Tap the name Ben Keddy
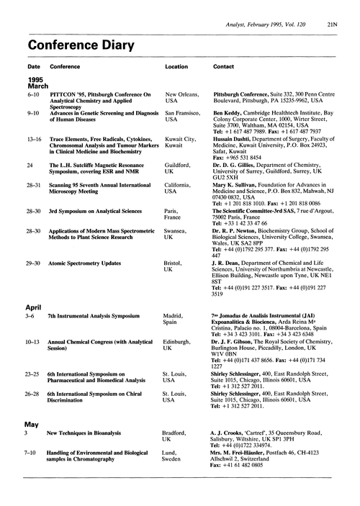point(231,113)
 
